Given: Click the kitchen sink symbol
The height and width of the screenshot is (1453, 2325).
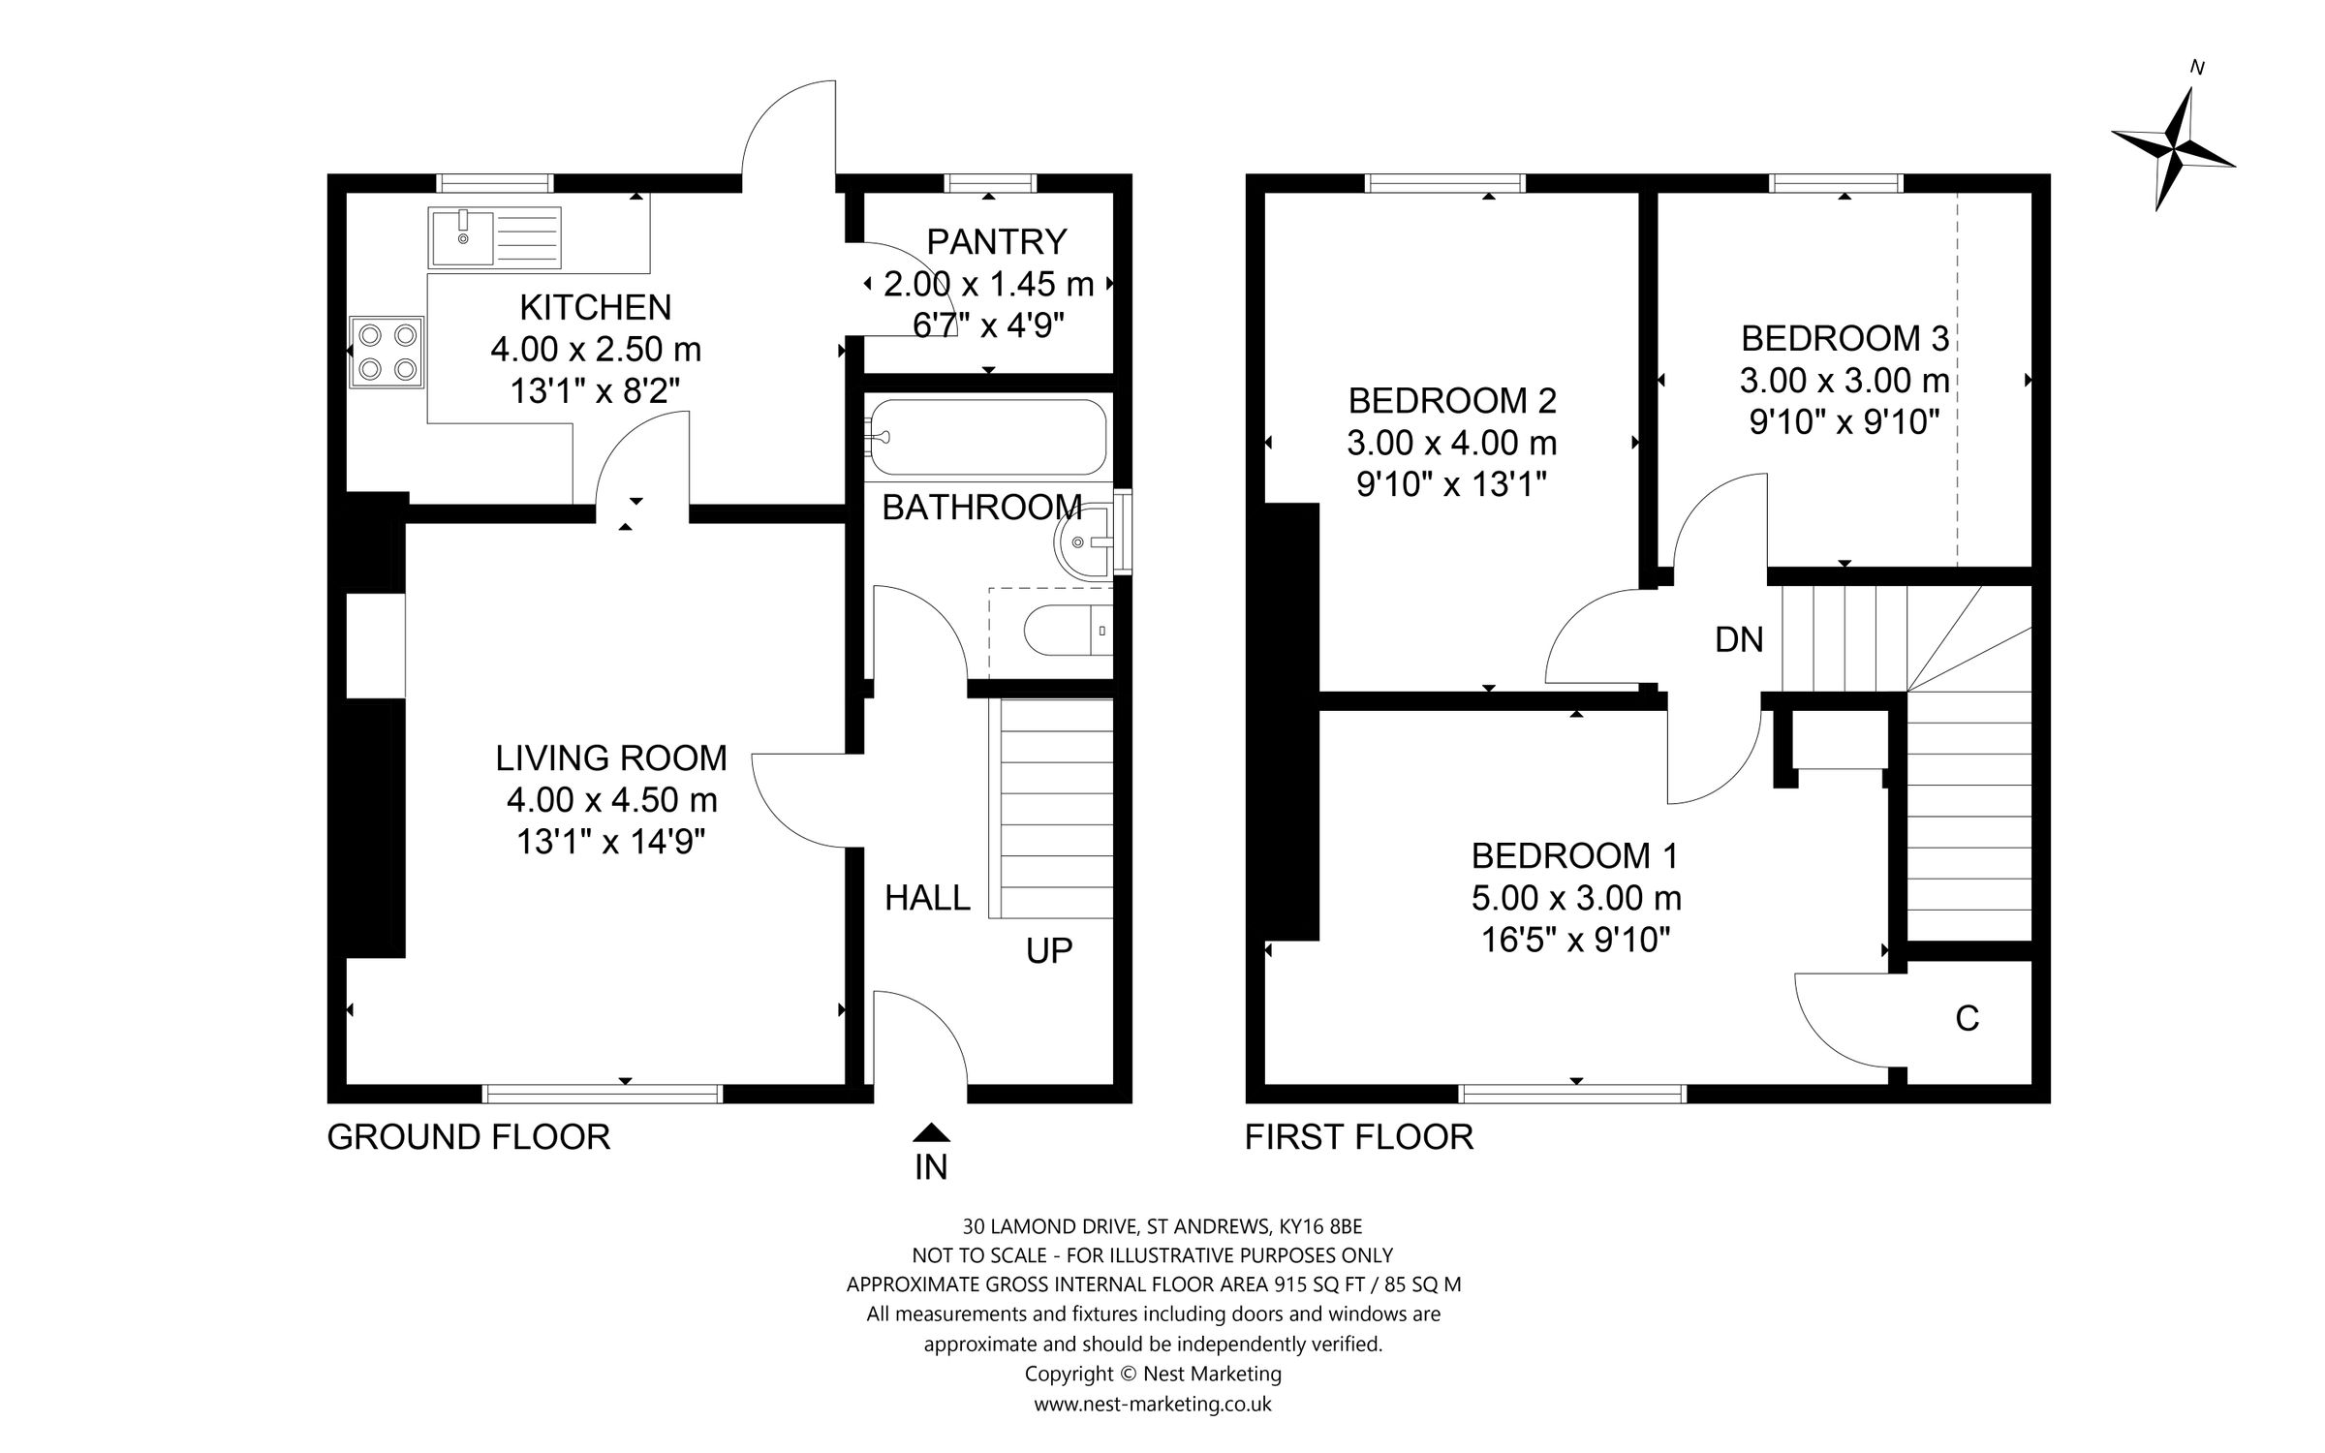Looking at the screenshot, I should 494,237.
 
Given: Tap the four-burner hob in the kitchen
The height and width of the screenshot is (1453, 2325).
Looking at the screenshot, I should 387,353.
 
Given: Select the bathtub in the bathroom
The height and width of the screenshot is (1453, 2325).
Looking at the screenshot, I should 987,437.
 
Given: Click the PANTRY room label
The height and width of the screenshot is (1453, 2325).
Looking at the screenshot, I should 996,240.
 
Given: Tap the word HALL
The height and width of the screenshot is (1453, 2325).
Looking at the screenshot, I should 927,898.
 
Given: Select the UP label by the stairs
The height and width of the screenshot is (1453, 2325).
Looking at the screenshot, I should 1049,950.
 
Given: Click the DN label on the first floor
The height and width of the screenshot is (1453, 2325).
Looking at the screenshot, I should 1739,639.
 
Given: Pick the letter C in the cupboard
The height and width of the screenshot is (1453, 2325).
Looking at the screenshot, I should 1967,1018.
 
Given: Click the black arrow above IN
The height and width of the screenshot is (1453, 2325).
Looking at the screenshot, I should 931,1132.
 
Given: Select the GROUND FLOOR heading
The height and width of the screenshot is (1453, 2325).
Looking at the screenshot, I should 469,1136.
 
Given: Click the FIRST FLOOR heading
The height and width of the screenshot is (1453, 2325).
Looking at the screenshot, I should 1358,1136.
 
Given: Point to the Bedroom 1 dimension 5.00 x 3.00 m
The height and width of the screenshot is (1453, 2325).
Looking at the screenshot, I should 1575,898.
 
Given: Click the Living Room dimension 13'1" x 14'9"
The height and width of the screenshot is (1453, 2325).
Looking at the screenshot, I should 610,842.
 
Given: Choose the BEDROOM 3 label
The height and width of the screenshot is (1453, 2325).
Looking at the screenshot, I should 1844,338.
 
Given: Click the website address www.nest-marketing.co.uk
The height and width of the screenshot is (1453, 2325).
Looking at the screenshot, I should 1153,1404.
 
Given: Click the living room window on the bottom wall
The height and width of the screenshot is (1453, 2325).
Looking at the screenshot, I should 602,1094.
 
